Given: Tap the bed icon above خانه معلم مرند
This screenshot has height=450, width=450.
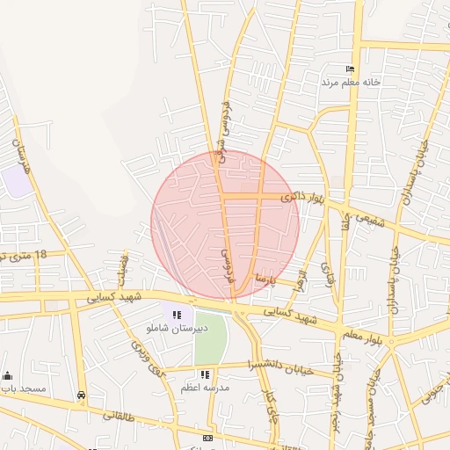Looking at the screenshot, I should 351,69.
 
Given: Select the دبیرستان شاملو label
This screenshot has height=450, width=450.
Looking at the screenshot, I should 178,328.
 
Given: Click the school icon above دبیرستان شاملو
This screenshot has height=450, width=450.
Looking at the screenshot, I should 177,315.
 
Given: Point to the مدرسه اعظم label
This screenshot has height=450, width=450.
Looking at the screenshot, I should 205,388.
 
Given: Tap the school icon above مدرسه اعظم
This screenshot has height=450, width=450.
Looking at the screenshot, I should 205,374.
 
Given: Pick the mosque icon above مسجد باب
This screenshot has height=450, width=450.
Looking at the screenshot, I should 8,375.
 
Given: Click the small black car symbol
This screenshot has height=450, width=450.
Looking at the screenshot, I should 82,396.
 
